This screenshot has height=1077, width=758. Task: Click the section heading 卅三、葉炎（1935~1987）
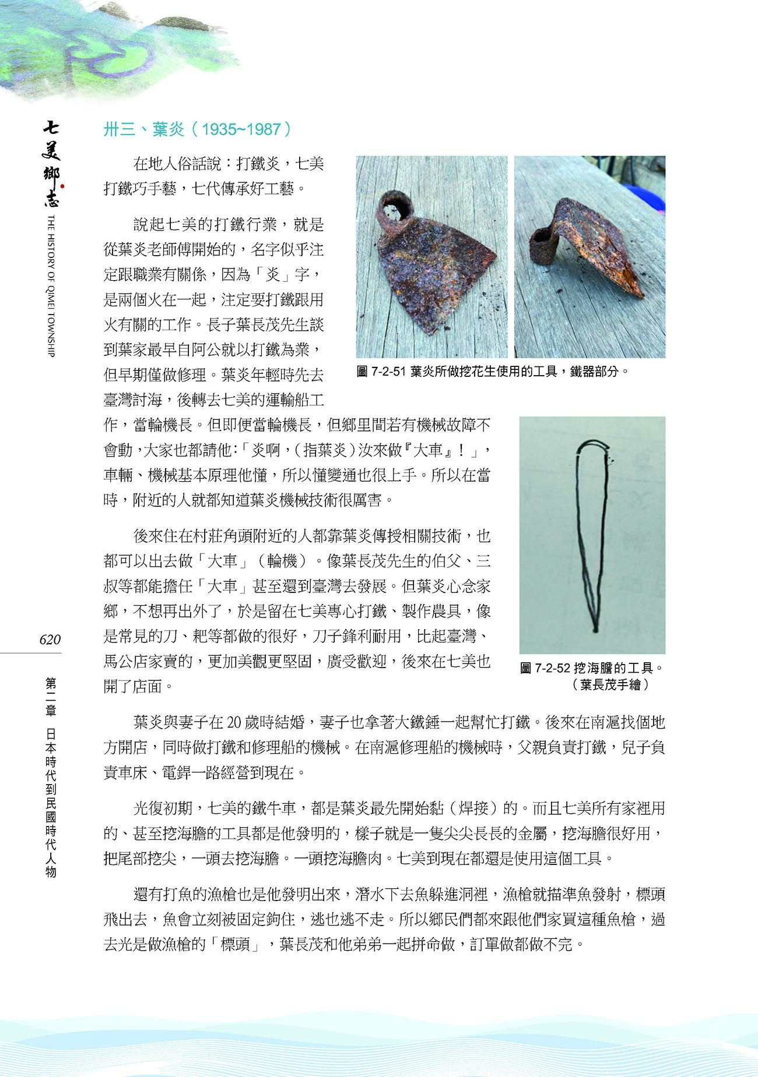point(197,129)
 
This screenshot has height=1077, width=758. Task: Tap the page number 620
point(50,640)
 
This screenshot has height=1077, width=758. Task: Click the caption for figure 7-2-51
point(493,372)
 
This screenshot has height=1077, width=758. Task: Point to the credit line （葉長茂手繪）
point(610,684)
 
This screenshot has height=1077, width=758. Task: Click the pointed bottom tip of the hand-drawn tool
point(595,629)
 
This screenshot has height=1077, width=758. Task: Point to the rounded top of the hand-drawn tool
point(594,445)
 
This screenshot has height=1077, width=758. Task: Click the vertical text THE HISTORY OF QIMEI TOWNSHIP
point(51,285)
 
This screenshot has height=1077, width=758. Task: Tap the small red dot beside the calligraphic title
point(62,187)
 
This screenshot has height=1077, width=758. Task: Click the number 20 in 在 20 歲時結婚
point(236,723)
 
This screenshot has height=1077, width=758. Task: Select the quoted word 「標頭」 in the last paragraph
point(239,944)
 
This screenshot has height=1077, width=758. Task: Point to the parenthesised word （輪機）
point(286,562)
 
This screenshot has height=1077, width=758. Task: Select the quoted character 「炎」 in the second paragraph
point(272,275)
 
